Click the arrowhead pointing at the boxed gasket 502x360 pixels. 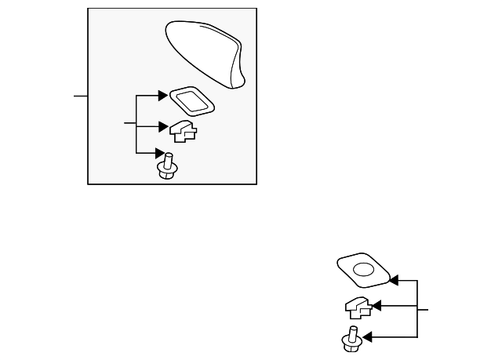[164, 96]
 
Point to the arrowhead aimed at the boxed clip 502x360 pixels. [164, 125]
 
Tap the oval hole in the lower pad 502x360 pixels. [363, 270]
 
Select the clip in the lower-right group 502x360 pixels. [356, 306]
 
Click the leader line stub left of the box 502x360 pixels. [80, 96]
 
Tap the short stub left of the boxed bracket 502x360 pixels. [129, 124]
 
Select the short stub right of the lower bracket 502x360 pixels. [423, 310]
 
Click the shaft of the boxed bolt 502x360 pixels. [167, 159]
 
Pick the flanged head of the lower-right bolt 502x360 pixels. [349, 343]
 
